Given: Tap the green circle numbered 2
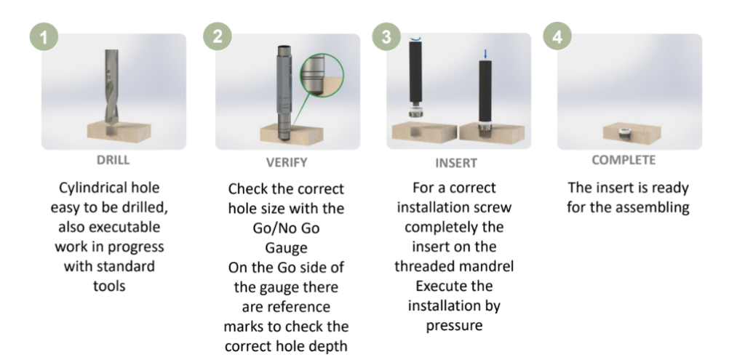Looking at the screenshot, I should tap(218, 38).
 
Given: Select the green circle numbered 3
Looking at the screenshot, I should tap(386, 38).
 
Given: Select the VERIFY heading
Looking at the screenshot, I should tap(287, 162).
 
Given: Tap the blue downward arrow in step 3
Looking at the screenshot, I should tap(486, 53).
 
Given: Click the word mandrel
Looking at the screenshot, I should tap(491, 266).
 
